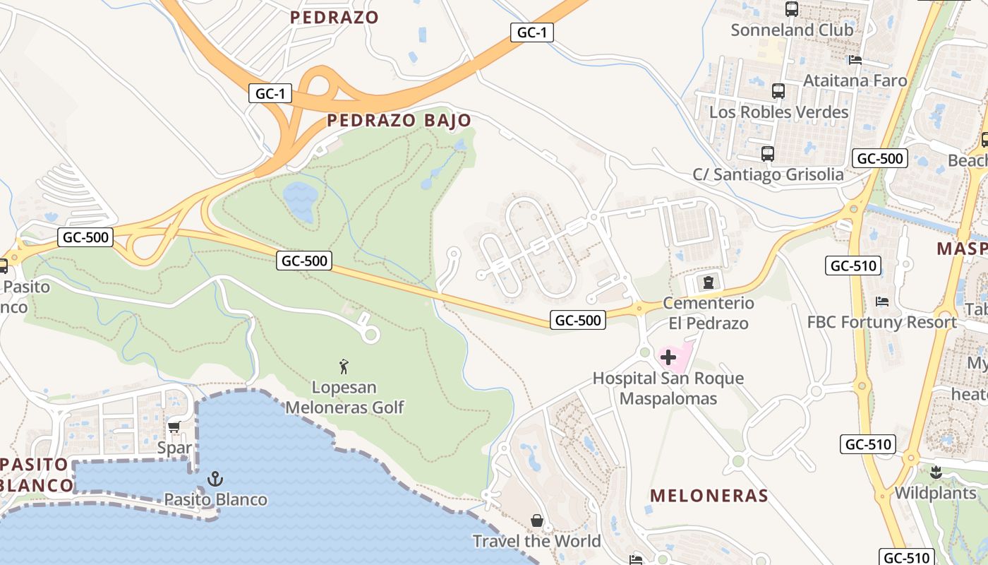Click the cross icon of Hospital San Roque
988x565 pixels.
click(x=668, y=357)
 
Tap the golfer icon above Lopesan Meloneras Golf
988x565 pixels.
click(x=344, y=367)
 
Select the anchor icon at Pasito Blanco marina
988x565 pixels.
click(x=215, y=480)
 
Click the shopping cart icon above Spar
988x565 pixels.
click(x=174, y=427)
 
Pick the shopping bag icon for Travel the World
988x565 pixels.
click(x=537, y=521)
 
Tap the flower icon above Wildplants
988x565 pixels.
click(x=936, y=472)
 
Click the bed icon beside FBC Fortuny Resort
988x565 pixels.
click(x=881, y=302)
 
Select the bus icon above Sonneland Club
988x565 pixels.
click(x=792, y=9)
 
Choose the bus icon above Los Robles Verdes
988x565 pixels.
click(x=778, y=91)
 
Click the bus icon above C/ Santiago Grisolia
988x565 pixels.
click(x=768, y=153)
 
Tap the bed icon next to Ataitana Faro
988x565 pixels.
click(x=855, y=60)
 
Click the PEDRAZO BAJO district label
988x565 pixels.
click(x=399, y=121)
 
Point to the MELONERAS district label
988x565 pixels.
click(x=709, y=495)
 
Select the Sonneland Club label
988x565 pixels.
click(x=792, y=30)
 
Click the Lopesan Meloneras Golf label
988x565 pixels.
click(x=344, y=398)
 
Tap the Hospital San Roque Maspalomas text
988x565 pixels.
click(x=668, y=388)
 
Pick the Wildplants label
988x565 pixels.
click(x=935, y=492)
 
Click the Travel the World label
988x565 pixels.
click(x=536, y=542)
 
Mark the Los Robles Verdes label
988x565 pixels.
click(x=778, y=112)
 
